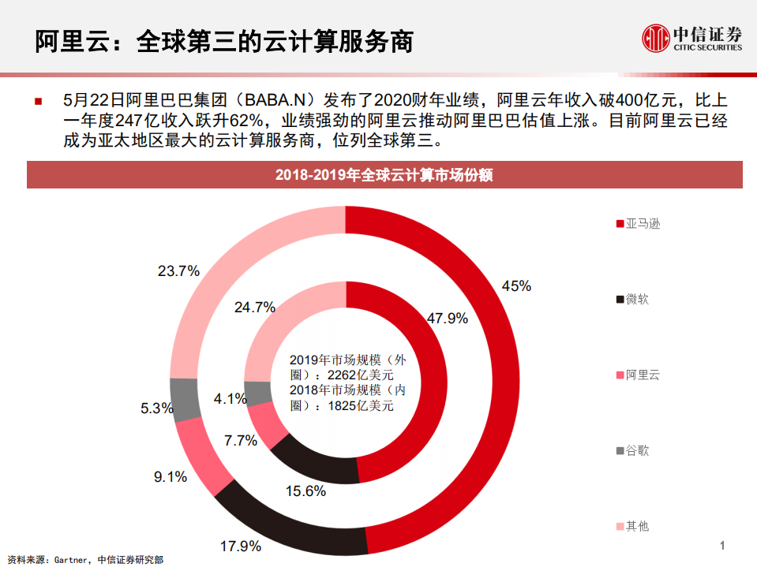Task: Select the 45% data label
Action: [x=516, y=286]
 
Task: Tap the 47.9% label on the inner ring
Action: [x=448, y=319]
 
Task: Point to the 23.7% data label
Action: [x=178, y=271]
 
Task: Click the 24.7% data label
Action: [x=254, y=307]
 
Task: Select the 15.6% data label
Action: [x=305, y=491]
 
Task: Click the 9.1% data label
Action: [x=171, y=476]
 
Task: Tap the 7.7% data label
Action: [x=241, y=441]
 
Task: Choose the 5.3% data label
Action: [x=156, y=408]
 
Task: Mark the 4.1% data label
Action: [x=230, y=399]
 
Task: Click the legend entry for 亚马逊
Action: [x=637, y=224]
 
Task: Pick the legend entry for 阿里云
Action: [x=637, y=375]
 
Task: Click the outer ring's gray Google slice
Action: [x=184, y=399]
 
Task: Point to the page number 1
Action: [x=722, y=546]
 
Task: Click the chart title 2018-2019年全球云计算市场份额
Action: [x=384, y=175]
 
